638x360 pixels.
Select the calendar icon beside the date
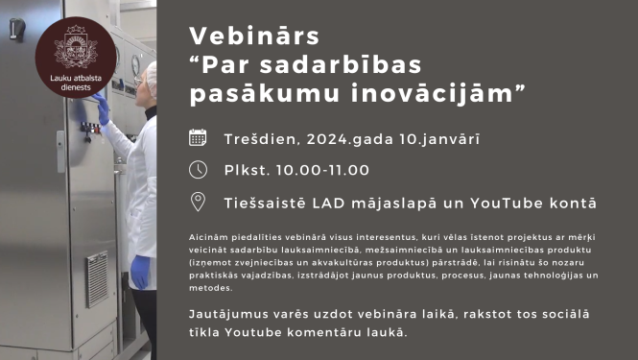[198, 137]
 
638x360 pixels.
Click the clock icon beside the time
[198, 169]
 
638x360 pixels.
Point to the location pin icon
[198, 202]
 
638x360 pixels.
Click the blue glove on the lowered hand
[140, 270]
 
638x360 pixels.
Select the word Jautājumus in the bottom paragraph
[230, 315]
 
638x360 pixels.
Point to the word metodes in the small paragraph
[210, 288]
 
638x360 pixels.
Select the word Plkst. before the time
[245, 170]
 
